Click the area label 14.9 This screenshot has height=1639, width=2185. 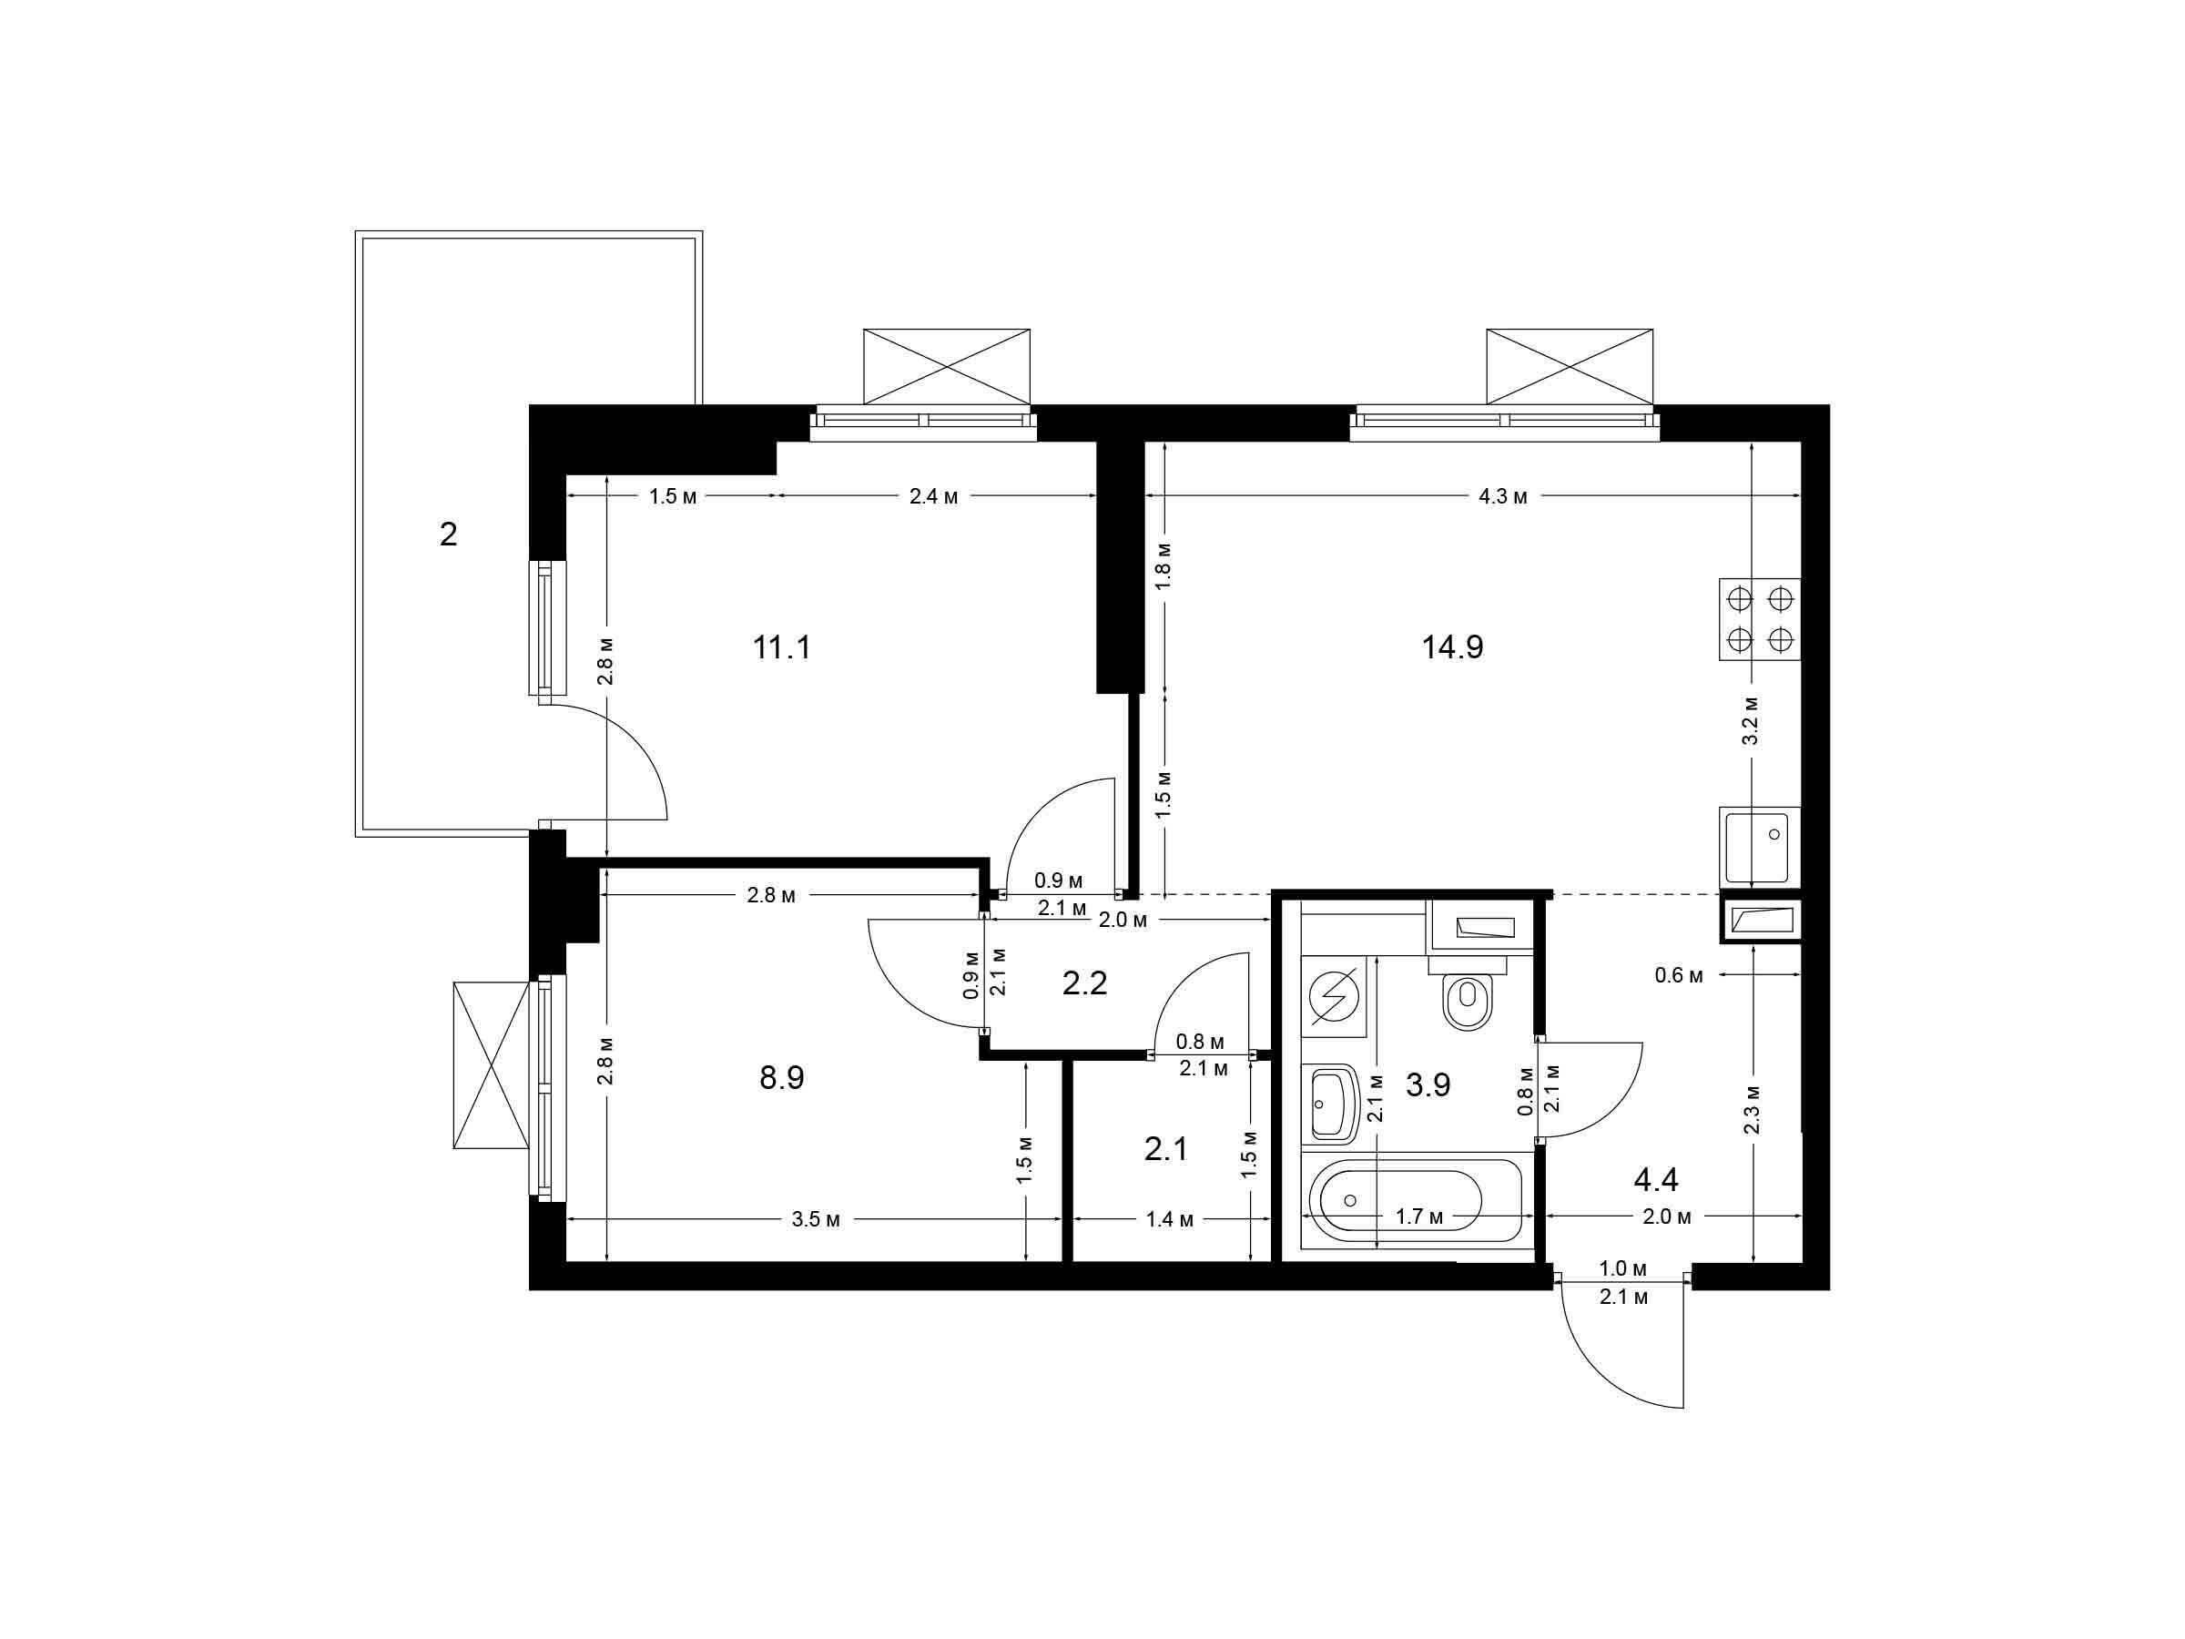[1452, 648]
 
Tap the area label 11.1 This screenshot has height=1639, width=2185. [781, 648]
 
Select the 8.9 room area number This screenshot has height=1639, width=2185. [781, 1078]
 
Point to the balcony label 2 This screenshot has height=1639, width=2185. [449, 535]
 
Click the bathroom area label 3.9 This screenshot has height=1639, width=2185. [1428, 1084]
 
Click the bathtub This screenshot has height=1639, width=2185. [1416, 1206]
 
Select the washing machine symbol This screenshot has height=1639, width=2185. [1333, 996]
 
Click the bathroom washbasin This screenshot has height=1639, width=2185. [1333, 1103]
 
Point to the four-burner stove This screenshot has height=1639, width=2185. [1759, 619]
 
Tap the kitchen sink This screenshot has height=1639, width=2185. [1759, 846]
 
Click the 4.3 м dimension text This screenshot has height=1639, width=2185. [1502, 497]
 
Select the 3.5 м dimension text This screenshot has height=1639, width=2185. [815, 1220]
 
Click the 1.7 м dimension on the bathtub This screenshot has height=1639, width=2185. [1419, 1217]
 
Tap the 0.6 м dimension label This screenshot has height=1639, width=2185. [1679, 976]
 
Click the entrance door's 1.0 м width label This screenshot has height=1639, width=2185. [1624, 1267]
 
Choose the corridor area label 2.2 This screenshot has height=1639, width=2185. [1084, 983]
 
